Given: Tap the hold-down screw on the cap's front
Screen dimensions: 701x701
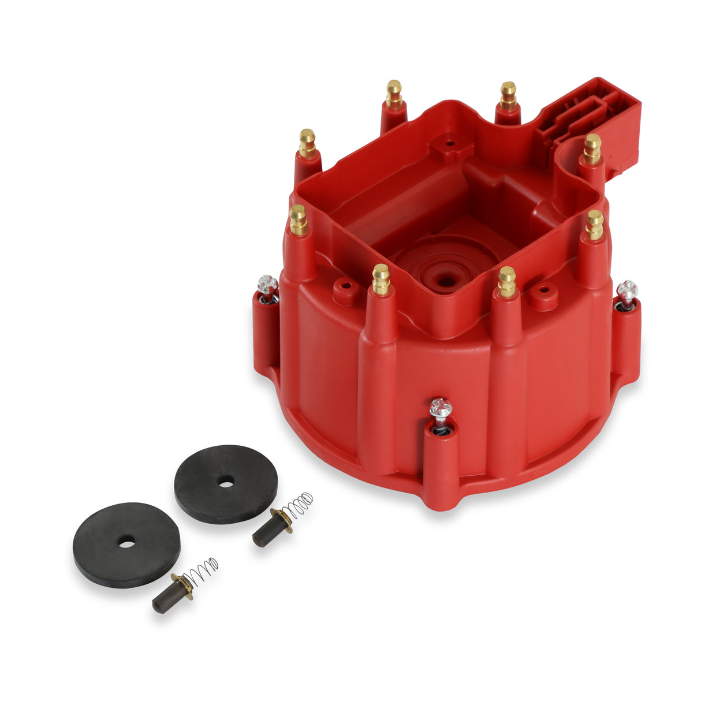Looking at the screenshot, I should pos(440,409).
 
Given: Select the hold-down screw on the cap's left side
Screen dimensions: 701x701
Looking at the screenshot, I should pos(267,285).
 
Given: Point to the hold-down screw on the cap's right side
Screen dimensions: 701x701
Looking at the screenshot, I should pos(627,290).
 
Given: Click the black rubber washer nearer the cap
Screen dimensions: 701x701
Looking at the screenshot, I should pos(226,483).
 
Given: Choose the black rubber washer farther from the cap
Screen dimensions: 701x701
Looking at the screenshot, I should pos(126,544).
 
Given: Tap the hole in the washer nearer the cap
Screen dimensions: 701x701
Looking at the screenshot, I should pos(226,480).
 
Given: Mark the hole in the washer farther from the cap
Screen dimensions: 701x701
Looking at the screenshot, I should pos(127,542).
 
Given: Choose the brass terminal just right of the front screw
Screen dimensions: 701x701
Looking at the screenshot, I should pos(506,281).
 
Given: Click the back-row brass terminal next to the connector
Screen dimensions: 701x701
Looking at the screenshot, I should pos(508,95).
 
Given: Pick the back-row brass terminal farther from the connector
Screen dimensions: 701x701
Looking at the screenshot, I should pos(394,94).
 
